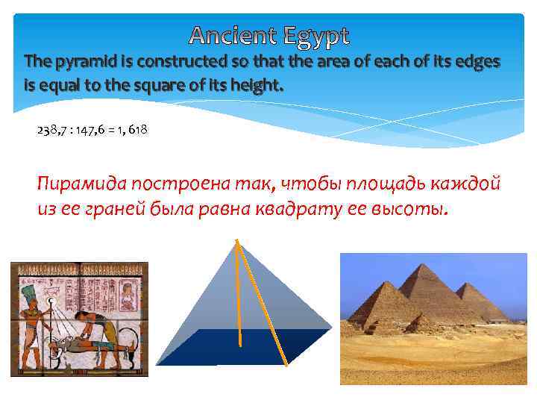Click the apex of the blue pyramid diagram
pyautogui.click(x=236, y=240)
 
